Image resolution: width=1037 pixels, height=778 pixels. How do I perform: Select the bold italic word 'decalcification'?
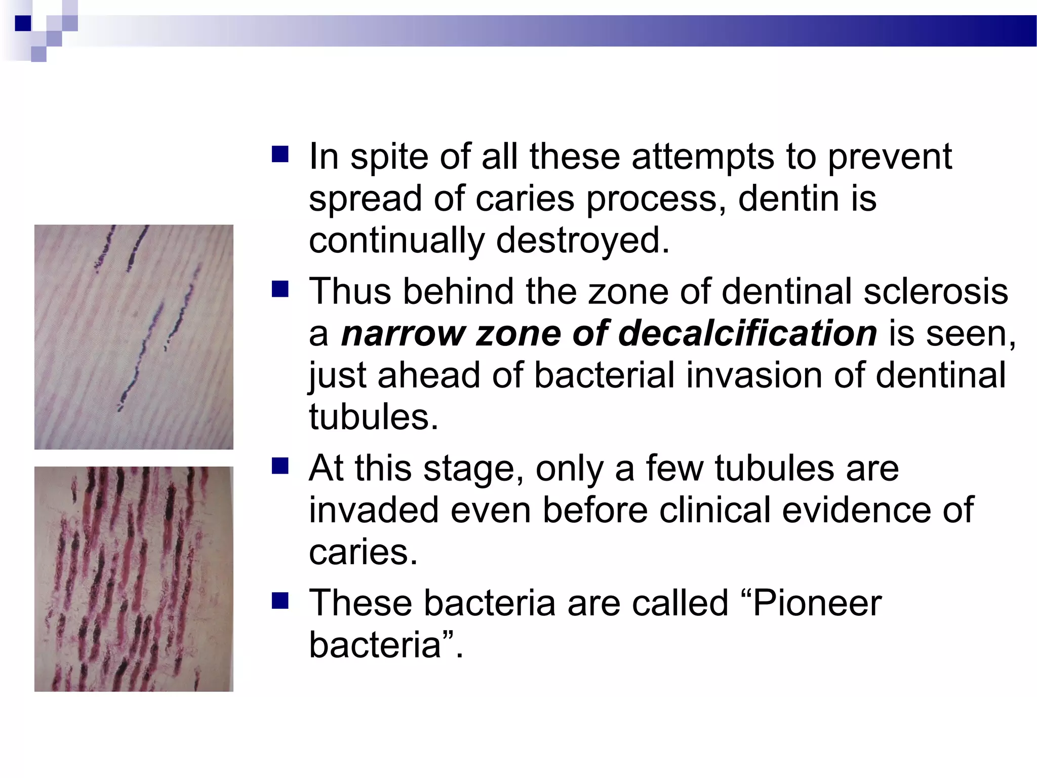click(x=747, y=334)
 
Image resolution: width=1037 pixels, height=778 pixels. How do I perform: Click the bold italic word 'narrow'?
click(x=403, y=334)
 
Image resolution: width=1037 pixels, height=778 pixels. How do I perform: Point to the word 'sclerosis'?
click(x=936, y=292)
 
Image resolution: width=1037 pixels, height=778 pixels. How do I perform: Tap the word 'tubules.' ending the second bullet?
click(x=374, y=417)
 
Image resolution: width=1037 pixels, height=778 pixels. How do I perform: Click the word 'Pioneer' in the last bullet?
click(x=817, y=603)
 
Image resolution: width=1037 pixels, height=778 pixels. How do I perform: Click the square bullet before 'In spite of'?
click(x=280, y=154)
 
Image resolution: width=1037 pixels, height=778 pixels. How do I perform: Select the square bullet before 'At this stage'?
click(x=280, y=466)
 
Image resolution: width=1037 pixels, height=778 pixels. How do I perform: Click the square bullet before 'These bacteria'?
click(x=280, y=601)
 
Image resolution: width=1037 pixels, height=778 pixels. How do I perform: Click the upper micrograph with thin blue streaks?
click(x=134, y=337)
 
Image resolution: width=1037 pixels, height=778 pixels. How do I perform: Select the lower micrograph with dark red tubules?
click(x=134, y=579)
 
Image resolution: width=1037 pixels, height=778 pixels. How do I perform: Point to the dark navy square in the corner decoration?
click(x=23, y=23)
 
